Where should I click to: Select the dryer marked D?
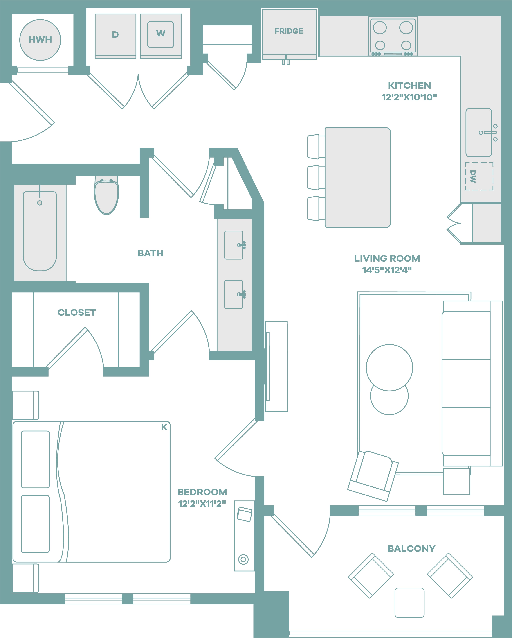[115, 36]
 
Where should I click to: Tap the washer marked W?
[161, 36]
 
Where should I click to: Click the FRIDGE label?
[289, 31]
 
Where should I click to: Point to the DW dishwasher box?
[479, 176]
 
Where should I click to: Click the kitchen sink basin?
[479, 133]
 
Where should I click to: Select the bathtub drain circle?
[40, 203]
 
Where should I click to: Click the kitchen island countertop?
[358, 178]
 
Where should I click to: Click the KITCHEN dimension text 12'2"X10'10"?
[409, 97]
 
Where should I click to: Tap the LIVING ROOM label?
[387, 258]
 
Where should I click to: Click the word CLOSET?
[77, 312]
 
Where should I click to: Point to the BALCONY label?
[411, 549]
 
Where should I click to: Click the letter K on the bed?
[164, 427]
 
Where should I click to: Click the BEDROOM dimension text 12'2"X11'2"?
[202, 504]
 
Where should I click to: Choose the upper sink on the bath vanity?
[234, 245]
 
